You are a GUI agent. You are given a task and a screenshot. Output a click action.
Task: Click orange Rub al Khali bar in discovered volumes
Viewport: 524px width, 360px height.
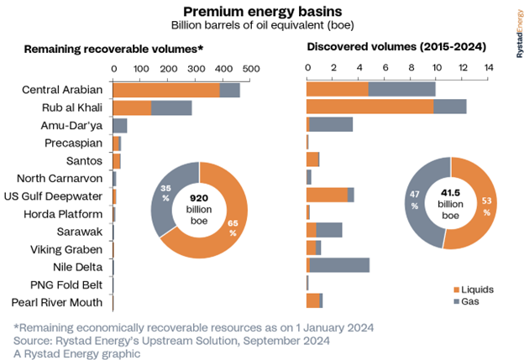click(x=370, y=107)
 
